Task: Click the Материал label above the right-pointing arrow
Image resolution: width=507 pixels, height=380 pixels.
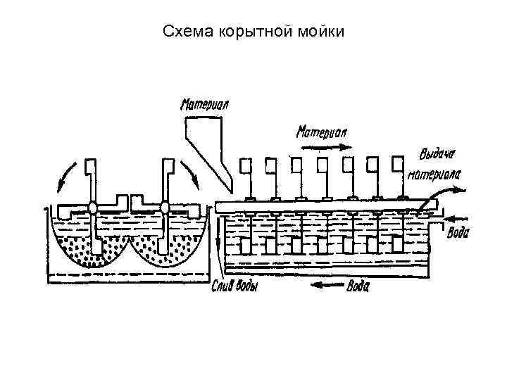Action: click(321, 132)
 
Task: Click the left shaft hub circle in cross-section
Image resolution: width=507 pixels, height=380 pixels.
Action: click(92, 208)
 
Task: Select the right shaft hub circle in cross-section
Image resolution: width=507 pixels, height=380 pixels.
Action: click(165, 208)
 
